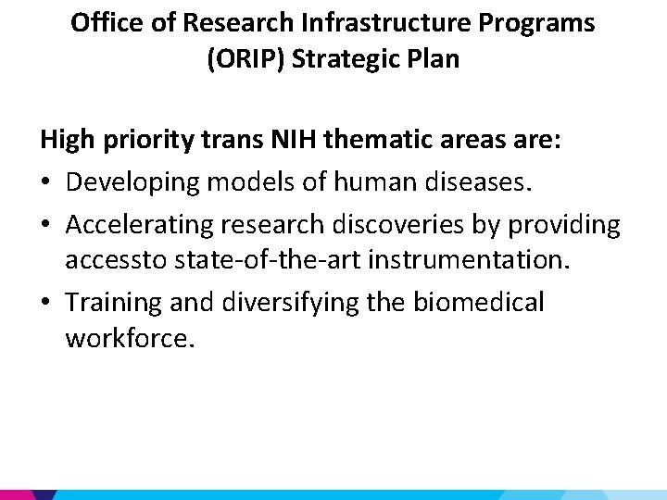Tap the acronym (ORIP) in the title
point(245,60)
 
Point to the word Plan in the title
point(434,60)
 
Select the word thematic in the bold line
point(382,141)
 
